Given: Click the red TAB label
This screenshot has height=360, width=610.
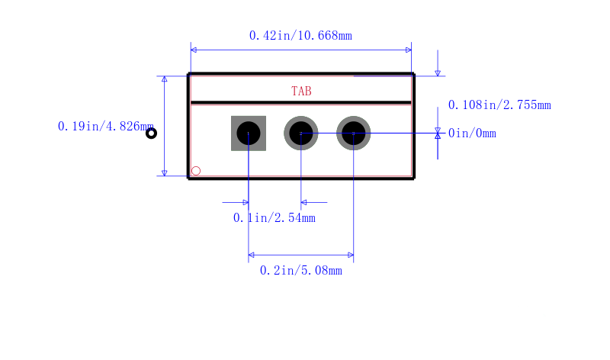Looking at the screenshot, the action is (x=301, y=91).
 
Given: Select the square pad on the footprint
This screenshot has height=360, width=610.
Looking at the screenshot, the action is (x=249, y=133).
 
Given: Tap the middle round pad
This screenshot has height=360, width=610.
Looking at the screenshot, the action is (x=301, y=133).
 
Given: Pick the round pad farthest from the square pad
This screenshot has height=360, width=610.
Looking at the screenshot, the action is (x=354, y=133).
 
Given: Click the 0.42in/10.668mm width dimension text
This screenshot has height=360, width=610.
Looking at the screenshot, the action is (x=300, y=36).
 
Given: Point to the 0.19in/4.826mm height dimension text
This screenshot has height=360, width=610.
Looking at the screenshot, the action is (x=105, y=127).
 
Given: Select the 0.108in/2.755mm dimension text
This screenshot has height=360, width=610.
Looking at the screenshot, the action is (x=499, y=105).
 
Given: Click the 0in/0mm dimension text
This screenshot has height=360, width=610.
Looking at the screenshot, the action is (x=472, y=133).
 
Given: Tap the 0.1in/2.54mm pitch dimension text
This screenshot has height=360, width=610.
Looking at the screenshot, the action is (x=274, y=218).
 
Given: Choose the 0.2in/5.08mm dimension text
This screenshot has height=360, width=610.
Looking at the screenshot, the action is (x=301, y=271).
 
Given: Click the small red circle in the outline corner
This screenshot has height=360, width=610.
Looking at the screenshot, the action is (x=196, y=171).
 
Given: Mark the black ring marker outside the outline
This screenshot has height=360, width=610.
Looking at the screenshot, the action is (x=151, y=133).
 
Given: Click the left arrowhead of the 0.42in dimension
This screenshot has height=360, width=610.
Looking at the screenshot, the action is (x=194, y=50).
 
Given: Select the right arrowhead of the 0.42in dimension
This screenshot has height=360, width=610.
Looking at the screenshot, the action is (x=409, y=50).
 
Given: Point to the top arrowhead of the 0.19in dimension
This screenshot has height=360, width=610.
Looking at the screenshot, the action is (x=165, y=79).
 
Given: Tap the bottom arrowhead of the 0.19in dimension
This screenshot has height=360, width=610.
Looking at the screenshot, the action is (x=165, y=173).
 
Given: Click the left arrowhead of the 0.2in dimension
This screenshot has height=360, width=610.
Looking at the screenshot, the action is (x=252, y=255).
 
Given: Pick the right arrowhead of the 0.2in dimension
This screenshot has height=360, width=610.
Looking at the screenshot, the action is (x=351, y=255).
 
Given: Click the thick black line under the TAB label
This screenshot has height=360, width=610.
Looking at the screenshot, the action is (x=301, y=103).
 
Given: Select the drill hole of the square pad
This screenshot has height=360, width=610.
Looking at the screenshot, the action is (x=249, y=133).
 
